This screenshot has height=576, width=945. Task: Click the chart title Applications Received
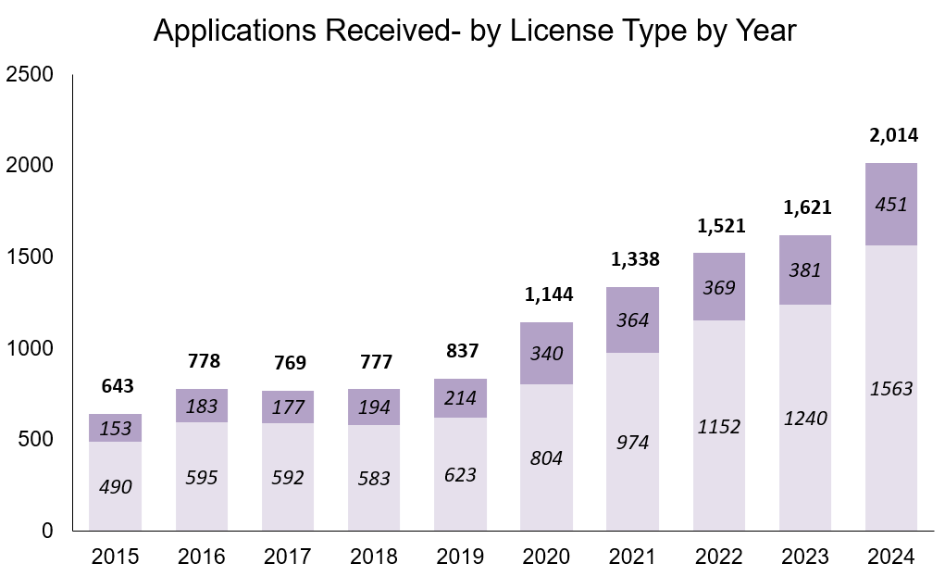[474, 30]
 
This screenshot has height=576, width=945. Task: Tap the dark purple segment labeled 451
[891, 205]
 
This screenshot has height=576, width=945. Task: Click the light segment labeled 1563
[891, 389]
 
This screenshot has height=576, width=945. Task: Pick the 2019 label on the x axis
[460, 557]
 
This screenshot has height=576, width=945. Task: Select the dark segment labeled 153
[116, 429]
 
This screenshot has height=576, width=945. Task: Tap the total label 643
[116, 384]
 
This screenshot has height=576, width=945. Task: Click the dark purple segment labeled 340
[546, 353]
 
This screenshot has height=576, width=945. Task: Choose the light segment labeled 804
[546, 457]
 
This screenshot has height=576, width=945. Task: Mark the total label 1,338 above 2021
[633, 259]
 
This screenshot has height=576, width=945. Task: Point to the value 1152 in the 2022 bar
[719, 426]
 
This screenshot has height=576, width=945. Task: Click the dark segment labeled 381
[805, 270]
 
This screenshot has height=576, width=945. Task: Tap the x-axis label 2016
[202, 557]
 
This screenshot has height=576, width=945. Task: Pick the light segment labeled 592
[288, 478]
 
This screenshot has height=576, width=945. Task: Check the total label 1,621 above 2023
[805, 207]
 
